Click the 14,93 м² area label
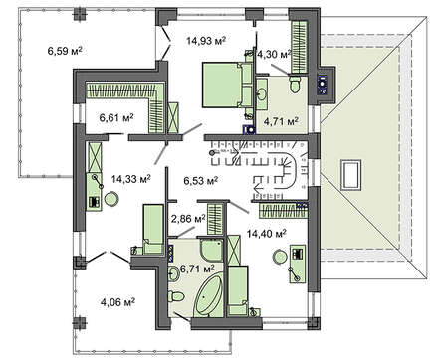[x=206, y=41]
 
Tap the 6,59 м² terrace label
[x=65, y=51]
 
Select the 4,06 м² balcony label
[x=117, y=302]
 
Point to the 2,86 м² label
[x=188, y=219]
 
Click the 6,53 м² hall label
[x=201, y=181]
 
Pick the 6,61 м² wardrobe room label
[x=116, y=117]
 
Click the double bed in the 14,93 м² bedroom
[x=227, y=86]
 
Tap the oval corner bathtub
[x=209, y=296]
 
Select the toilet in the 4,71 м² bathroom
[x=295, y=85]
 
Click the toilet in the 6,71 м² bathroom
[x=174, y=296]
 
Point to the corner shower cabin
[x=212, y=250]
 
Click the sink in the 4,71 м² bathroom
[x=262, y=93]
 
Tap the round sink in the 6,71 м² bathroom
[x=174, y=273]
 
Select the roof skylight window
[x=350, y=175]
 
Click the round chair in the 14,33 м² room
[x=111, y=199]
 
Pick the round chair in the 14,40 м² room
[x=280, y=258]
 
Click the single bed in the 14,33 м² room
[x=153, y=229]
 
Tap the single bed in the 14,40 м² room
[x=238, y=290]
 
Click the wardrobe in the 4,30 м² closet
[x=300, y=47]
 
